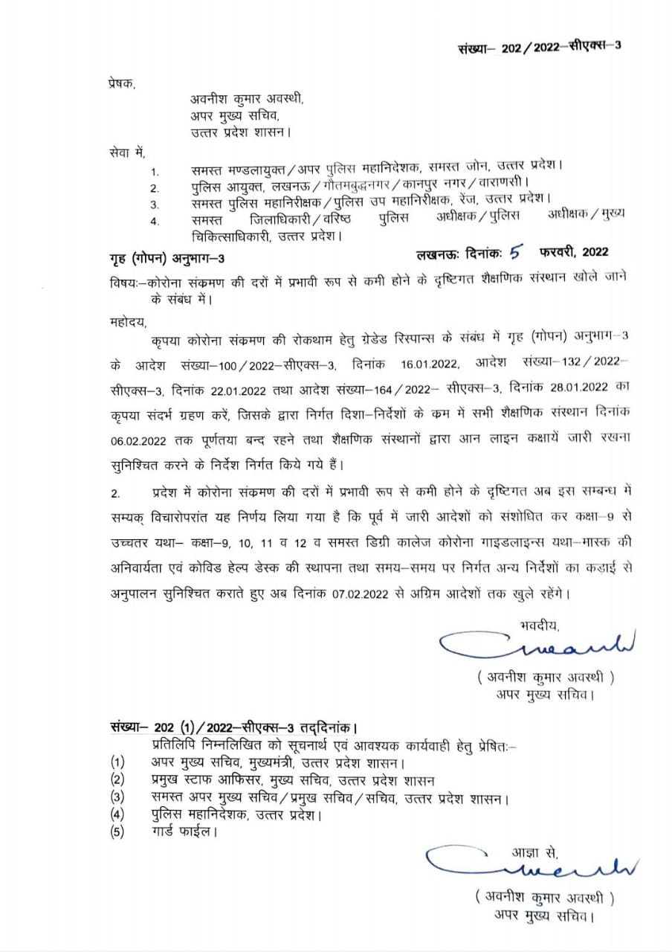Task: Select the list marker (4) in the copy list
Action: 117,815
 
